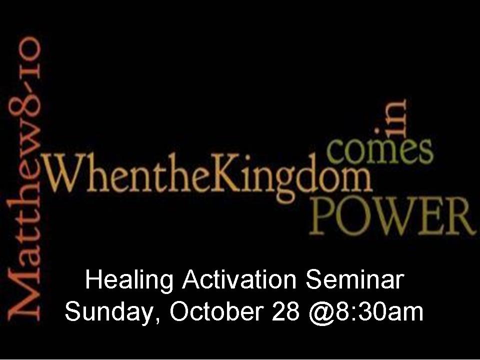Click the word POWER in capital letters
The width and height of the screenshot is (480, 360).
[393, 216]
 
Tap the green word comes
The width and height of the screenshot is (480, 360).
[380, 149]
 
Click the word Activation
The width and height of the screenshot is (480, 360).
[239, 279]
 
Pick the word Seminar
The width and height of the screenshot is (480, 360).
[355, 279]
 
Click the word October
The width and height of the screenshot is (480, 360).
[216, 311]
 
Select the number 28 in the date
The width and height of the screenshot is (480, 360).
[285, 311]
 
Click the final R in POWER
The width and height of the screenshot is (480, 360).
[461, 216]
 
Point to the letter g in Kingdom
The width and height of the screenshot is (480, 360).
[285, 183]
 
